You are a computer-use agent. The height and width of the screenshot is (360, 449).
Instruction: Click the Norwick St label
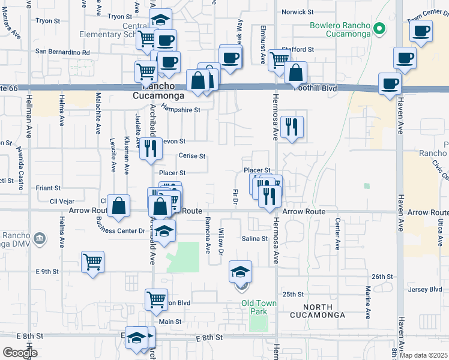click(x=298, y=11)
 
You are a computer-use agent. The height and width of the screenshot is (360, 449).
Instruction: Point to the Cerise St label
click(x=191, y=156)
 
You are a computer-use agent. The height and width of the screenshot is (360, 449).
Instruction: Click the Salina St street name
click(x=255, y=239)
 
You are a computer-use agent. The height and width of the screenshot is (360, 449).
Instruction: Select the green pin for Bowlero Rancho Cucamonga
click(x=379, y=28)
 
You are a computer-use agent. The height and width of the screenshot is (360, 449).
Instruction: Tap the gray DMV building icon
click(x=40, y=239)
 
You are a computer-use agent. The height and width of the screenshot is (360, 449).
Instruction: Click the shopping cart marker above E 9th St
click(x=92, y=262)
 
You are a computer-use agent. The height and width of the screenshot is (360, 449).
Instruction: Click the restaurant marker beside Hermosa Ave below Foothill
click(x=292, y=127)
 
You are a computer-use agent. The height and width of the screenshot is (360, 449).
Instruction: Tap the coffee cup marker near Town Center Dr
click(x=421, y=31)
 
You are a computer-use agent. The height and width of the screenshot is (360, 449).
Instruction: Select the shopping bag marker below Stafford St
click(x=295, y=73)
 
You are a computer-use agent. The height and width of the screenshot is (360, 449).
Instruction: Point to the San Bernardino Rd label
click(x=62, y=52)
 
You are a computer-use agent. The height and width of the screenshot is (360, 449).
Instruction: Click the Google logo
click(x=20, y=353)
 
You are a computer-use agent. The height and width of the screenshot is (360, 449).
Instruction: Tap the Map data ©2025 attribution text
click(x=423, y=355)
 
